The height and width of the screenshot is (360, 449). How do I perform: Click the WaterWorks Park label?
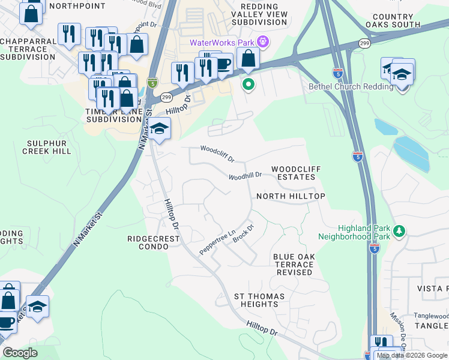(221, 42)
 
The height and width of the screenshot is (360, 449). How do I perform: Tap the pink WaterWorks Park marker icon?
(262, 42)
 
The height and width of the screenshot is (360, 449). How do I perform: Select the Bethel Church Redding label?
(351, 86)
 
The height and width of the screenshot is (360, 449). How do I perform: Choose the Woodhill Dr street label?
(245, 176)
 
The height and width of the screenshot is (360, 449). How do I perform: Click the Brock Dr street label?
(244, 233)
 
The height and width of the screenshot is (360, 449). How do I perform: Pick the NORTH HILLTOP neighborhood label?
(291, 196)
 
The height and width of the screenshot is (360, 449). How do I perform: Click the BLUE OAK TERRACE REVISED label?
(294, 264)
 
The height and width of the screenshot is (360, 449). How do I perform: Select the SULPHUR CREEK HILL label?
(49, 147)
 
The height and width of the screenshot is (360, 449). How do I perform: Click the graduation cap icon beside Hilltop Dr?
(160, 128)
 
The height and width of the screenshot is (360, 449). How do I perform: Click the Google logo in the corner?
(20, 353)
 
